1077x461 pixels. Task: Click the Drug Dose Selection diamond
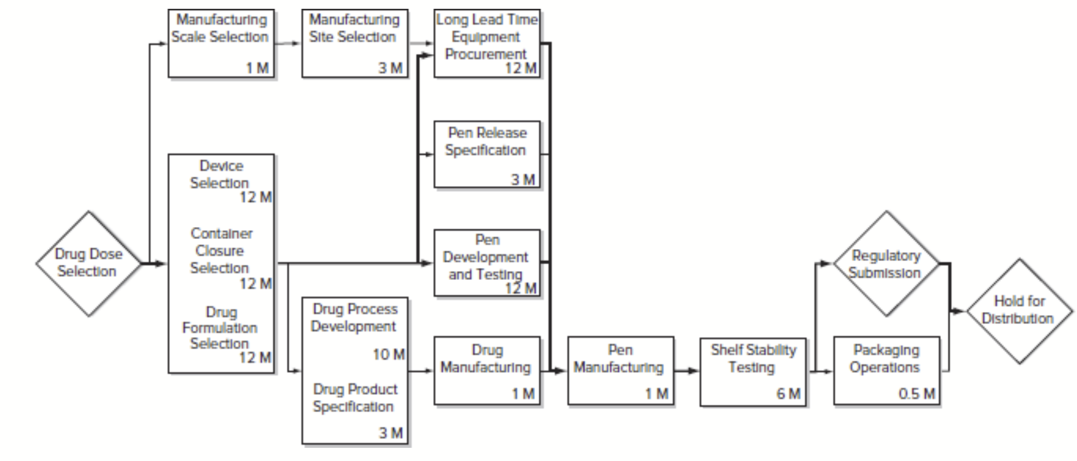88,263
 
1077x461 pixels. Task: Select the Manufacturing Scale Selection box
221,43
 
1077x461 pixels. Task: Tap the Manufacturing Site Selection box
354,43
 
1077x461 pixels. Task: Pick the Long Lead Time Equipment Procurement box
487,43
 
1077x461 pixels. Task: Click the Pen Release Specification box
487,154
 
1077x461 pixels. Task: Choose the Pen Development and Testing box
487,263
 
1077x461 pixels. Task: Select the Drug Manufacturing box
487,370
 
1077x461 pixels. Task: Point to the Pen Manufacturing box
620,370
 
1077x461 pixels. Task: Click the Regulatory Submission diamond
886,264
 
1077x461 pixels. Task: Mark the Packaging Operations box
886,370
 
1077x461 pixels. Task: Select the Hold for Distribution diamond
1018,311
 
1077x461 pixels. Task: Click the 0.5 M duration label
916,394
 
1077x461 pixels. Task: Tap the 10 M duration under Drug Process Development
388,355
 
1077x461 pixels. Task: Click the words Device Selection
220,174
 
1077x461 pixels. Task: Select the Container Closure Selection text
220,250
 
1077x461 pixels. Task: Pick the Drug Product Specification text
354,397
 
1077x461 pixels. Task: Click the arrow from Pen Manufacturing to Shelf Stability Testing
687,371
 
